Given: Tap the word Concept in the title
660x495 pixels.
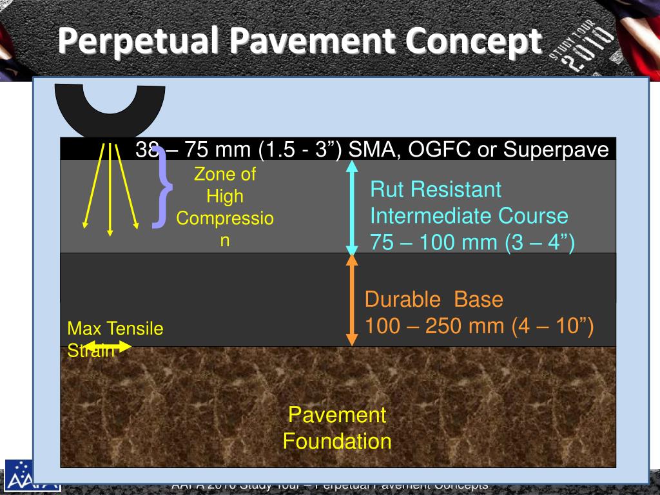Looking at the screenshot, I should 473,41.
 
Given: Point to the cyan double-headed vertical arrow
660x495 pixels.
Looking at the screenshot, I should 352,208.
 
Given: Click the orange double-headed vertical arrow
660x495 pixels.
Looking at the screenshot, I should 352,300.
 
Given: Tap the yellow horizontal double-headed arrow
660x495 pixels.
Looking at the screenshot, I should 108,347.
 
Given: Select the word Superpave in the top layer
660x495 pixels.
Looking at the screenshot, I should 556,150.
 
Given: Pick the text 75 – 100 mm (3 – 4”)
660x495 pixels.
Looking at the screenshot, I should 472,242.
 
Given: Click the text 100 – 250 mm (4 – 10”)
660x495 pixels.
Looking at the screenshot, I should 479,326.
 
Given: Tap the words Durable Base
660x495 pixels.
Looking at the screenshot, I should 433,300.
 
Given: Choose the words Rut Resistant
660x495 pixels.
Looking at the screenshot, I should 435,189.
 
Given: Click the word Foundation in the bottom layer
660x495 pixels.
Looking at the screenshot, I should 337,442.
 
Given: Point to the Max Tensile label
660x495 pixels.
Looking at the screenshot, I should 115,329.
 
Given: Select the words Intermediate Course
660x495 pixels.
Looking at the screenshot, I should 469,216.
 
